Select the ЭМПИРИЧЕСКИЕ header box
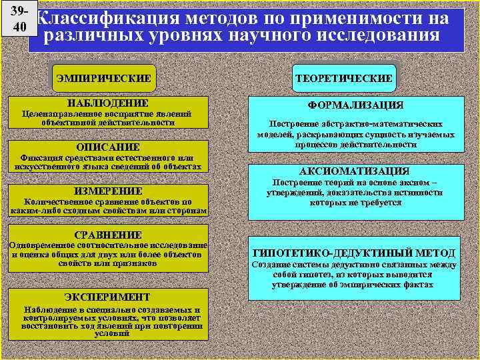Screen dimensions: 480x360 103,78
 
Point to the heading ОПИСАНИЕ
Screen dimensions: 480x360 108,147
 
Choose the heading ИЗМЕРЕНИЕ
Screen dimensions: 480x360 108,191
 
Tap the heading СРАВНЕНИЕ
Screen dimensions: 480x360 108,235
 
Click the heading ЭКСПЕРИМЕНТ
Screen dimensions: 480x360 107,297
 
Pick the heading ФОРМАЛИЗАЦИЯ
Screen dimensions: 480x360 355,105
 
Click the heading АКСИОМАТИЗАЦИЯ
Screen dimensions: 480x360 355,171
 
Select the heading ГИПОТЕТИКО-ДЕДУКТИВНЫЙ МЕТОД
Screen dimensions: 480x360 355,253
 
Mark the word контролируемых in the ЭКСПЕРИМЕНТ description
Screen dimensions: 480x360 57,319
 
